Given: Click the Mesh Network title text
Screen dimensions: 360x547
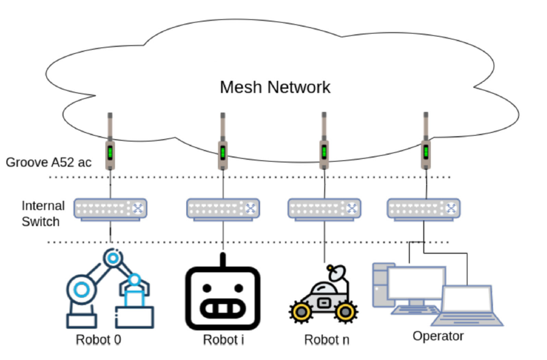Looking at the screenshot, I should point(275,87).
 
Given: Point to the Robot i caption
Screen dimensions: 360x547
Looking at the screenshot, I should point(222,340).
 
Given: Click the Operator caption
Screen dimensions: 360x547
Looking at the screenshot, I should point(438,336).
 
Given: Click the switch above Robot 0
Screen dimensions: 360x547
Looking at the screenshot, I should point(111,209).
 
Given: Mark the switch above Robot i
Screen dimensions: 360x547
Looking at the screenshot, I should point(223,209).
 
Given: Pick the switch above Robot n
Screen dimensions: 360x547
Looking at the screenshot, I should point(324,209).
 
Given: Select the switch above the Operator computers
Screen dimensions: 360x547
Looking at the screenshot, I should point(424,209).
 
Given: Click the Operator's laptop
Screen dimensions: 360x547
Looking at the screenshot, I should point(467,305).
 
